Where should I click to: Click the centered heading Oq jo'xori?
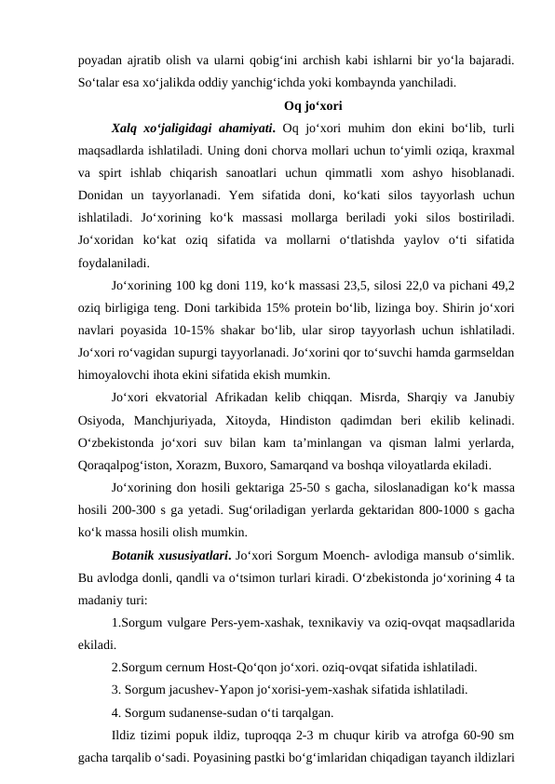click(x=313, y=104)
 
